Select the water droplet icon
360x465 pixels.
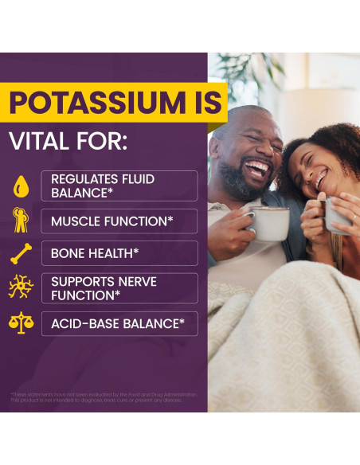[x=21, y=186]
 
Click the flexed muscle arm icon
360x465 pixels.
[x=21, y=221]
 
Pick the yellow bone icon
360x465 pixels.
[x=21, y=254]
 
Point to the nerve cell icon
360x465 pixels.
[x=21, y=287]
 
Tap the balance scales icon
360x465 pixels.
[x=21, y=322]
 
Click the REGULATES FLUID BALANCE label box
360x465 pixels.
[x=119, y=186]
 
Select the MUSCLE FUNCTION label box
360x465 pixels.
[x=119, y=221]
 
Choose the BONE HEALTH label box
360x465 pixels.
[x=119, y=253]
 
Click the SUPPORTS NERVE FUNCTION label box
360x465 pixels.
[x=119, y=288]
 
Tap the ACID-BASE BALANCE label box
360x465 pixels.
[x=119, y=323]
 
